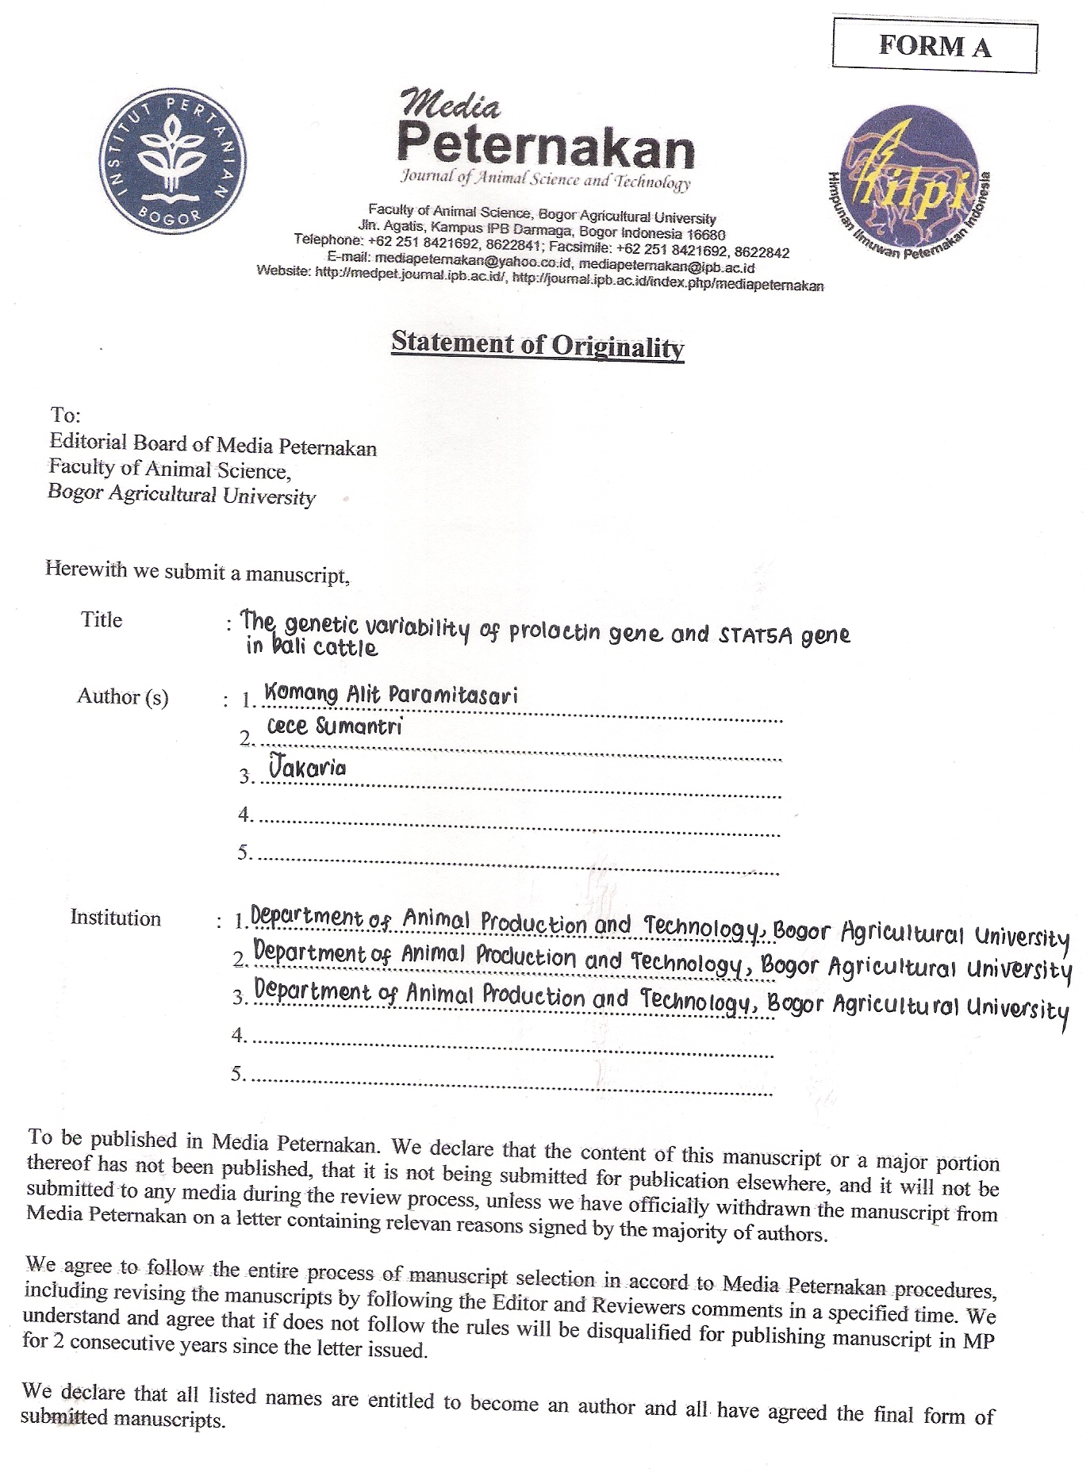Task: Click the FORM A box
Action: pyautogui.click(x=935, y=47)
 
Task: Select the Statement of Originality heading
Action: pyautogui.click(x=537, y=344)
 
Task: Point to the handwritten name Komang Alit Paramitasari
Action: pyautogui.click(x=390, y=694)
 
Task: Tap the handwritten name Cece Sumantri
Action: pyautogui.click(x=334, y=726)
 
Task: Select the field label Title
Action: pyautogui.click(x=102, y=619)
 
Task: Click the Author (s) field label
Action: pyautogui.click(x=122, y=696)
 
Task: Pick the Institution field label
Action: pyautogui.click(x=115, y=918)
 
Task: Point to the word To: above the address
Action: pyautogui.click(x=65, y=415)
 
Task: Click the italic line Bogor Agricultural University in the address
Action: pyautogui.click(x=182, y=494)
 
